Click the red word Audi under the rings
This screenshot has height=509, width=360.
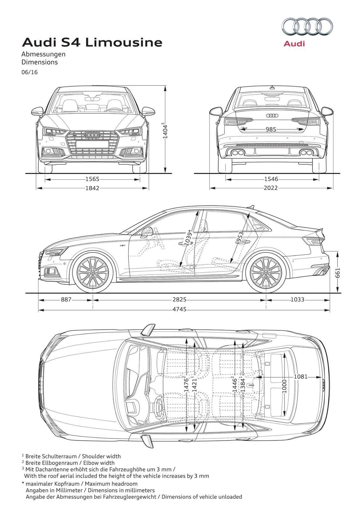coord(294,44)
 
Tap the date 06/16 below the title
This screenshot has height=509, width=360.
coord(30,72)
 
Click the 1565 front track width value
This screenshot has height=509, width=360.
coord(92,179)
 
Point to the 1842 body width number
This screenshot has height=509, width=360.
coord(92,188)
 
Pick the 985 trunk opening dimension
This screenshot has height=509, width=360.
coord(271,129)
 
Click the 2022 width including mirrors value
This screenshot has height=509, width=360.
coord(271,188)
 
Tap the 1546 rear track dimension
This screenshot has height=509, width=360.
coord(271,179)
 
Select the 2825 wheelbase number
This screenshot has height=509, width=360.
coord(179,299)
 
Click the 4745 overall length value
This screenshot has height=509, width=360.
coord(179,309)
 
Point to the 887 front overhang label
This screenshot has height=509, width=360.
coord(66,299)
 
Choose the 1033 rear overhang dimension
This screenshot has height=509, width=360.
coord(297,299)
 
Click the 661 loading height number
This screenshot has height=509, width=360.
coord(337,273)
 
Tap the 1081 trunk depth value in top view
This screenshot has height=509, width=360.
coord(300,377)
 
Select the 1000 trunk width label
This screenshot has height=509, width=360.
coord(284,386)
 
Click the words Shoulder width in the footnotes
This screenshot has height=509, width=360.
coord(101,456)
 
